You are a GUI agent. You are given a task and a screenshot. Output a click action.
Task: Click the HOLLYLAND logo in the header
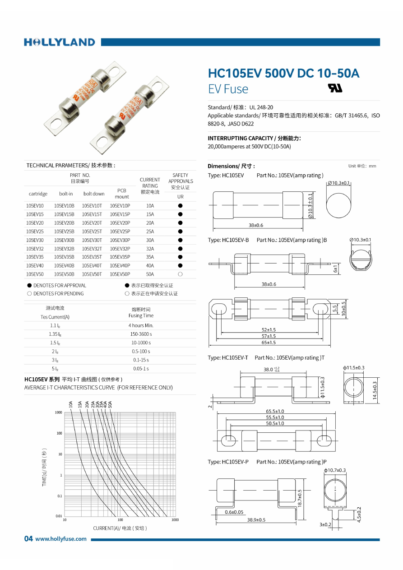[60, 42]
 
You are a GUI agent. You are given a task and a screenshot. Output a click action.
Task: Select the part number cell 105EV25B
[64, 231]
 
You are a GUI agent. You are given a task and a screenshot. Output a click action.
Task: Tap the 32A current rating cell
[150, 248]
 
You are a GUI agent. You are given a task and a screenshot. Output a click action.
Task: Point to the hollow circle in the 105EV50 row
[180, 274]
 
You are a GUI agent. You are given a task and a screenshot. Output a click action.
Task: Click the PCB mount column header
[122, 194]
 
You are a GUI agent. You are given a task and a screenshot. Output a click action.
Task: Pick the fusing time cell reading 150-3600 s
[141, 334]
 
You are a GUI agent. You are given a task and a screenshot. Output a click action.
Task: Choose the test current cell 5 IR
[55, 369]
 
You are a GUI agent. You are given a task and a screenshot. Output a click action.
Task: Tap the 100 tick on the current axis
[120, 520]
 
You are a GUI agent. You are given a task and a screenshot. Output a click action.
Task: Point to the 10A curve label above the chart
[71, 404]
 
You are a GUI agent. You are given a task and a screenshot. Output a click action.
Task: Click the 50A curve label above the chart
[110, 404]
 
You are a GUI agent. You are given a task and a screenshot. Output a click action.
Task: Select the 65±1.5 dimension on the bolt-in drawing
[269, 343]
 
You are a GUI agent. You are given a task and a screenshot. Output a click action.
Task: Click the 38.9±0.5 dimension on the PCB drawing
[256, 519]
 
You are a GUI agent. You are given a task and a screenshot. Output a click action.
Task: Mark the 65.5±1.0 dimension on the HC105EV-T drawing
[275, 411]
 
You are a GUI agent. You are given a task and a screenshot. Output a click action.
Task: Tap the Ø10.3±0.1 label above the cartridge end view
[338, 183]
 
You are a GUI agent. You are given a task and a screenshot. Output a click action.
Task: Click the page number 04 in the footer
[28, 538]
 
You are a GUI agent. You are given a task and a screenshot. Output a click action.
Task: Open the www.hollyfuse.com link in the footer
[61, 539]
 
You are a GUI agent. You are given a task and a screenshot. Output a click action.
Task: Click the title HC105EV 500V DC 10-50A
[283, 73]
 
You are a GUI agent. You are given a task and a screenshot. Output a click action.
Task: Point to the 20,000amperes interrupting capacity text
[249, 147]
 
